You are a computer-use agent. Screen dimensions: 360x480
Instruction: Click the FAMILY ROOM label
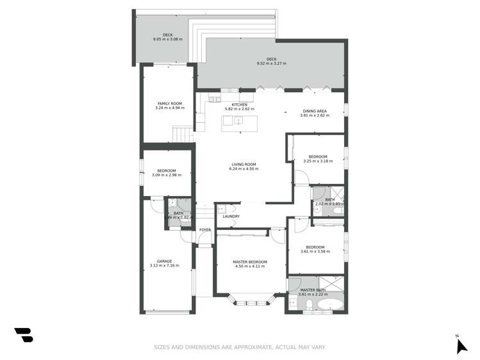[x=170, y=103]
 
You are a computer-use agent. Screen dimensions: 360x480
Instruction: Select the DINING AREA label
[x=315, y=111]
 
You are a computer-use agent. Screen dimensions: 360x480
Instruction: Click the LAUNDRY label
[x=231, y=217]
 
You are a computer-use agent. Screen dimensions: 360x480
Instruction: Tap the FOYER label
[x=205, y=229]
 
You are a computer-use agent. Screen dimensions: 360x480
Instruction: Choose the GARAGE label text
[x=164, y=261]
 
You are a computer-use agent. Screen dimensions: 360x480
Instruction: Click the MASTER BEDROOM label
[x=249, y=262]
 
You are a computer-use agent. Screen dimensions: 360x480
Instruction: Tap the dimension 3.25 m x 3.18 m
[x=318, y=161]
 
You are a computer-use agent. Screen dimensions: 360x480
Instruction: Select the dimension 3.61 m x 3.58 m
[x=315, y=252]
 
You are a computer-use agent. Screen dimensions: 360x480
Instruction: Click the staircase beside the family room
[x=183, y=135]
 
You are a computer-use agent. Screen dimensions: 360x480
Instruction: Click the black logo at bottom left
[x=23, y=334]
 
